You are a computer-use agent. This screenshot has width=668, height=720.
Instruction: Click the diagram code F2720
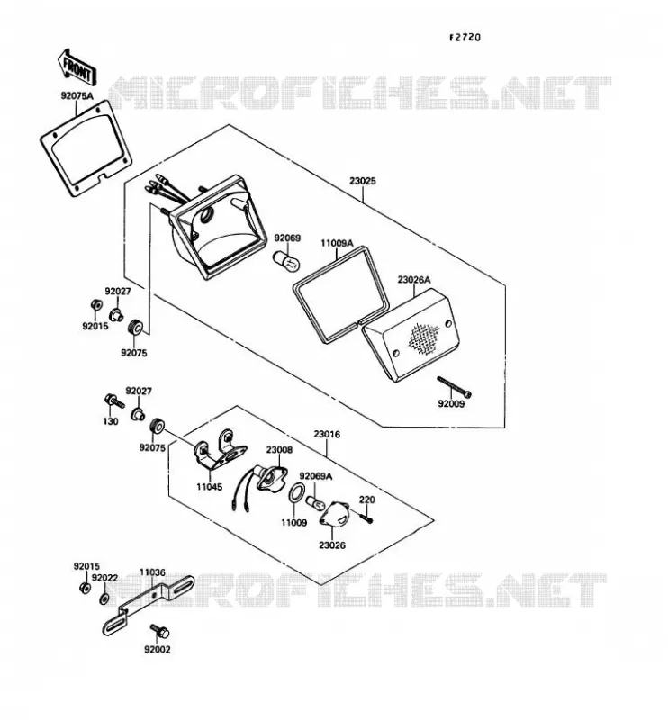(465, 37)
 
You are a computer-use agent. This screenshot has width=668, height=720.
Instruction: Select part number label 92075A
(77, 96)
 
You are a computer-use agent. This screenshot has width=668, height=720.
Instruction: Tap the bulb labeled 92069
(287, 260)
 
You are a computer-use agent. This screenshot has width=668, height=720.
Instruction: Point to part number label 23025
(363, 181)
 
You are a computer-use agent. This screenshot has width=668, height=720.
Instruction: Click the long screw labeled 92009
(455, 387)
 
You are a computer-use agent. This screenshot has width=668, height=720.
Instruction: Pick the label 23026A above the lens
(414, 280)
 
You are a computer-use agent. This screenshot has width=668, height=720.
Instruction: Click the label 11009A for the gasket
(337, 243)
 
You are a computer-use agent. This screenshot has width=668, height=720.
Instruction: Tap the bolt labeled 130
(114, 400)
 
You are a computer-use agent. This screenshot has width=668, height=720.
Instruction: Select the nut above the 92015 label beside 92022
(85, 588)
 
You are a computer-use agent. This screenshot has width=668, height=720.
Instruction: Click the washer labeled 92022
(104, 598)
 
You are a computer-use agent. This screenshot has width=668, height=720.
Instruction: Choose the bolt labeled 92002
(159, 632)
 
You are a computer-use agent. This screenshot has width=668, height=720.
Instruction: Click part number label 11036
(152, 572)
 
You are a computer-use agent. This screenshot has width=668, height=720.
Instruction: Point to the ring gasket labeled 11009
(296, 493)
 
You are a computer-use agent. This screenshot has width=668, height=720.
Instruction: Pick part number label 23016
(327, 434)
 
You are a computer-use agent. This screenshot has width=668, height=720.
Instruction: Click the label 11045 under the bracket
(210, 487)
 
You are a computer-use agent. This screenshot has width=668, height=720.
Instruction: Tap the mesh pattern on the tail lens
(424, 338)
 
